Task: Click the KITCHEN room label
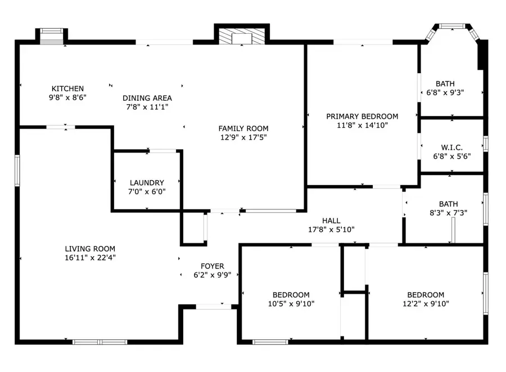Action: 67,88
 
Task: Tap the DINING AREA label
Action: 147,98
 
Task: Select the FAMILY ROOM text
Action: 243,128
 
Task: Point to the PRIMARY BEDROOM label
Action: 362,116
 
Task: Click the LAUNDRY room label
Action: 147,183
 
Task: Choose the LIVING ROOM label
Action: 90,249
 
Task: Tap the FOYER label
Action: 213,266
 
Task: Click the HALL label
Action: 331,221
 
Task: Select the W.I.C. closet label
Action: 452,147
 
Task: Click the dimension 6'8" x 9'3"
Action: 445,93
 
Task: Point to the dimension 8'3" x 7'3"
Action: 448,213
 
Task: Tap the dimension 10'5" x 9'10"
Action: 291,303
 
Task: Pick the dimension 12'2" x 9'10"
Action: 426,303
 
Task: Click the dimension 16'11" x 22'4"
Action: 90,258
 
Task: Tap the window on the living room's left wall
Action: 17,171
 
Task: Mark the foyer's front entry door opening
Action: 214,307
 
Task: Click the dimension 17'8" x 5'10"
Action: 331,230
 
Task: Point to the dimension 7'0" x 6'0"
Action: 147,191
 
